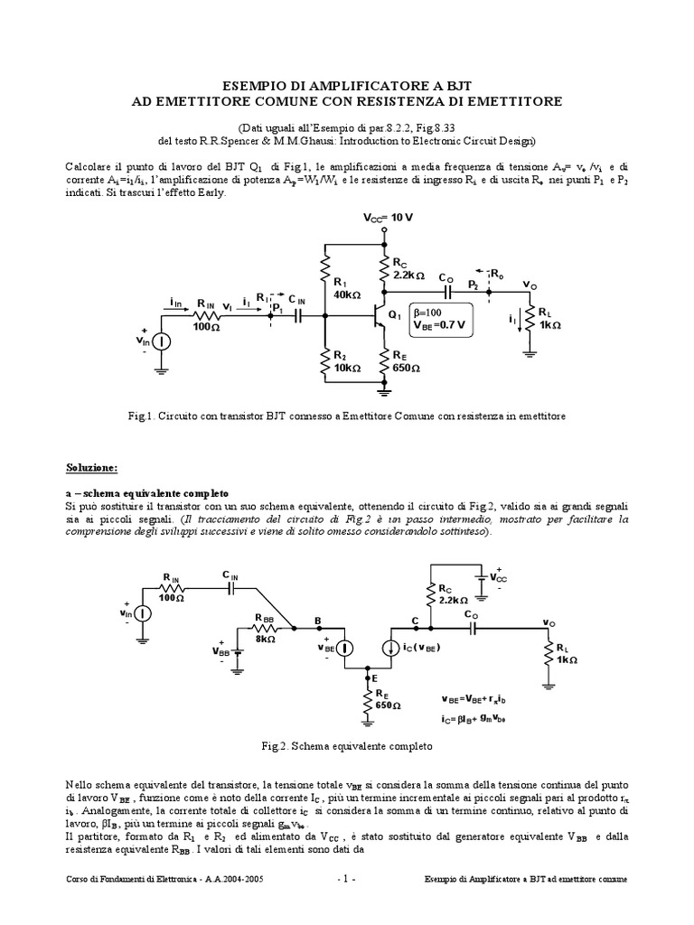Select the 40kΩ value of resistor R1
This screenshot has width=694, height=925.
tap(348, 295)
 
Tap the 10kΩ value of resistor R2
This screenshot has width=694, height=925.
tap(348, 369)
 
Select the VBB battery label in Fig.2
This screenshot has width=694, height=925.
tap(220, 649)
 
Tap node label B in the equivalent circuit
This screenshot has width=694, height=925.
tap(317, 620)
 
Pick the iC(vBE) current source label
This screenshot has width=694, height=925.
tap(430, 647)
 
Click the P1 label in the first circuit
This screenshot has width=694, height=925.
tap(277, 309)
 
